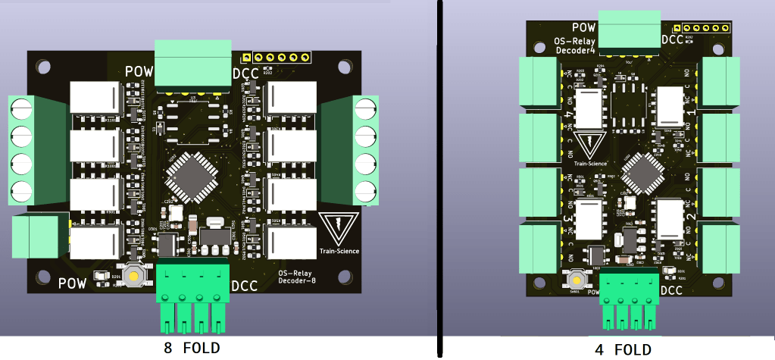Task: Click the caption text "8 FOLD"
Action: (192, 349)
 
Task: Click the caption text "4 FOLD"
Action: (623, 349)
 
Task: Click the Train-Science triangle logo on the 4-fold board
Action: (589, 144)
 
